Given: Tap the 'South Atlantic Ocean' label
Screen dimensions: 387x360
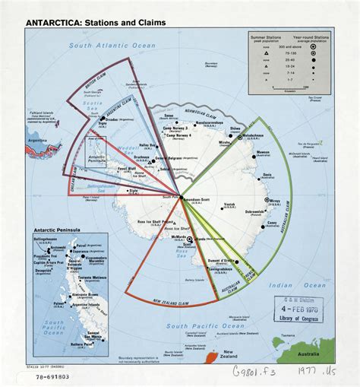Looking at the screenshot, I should pyautogui.click(x=108, y=46).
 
